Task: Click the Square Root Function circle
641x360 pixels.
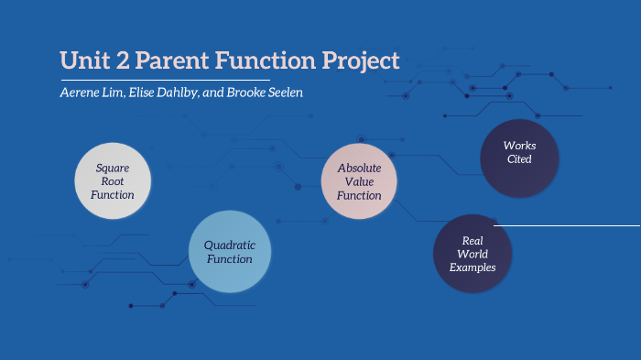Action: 113,181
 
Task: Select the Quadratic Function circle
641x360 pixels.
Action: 229,252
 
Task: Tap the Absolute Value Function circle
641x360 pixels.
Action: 359,181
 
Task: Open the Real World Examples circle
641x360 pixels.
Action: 473,254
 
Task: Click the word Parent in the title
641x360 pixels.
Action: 168,61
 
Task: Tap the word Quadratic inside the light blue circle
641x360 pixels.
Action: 229,245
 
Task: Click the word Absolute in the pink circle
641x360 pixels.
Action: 359,168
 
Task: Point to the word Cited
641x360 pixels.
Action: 519,159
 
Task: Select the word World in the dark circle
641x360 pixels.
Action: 473,254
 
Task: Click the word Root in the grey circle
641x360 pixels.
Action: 113,181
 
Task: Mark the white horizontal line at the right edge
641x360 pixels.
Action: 568,224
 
